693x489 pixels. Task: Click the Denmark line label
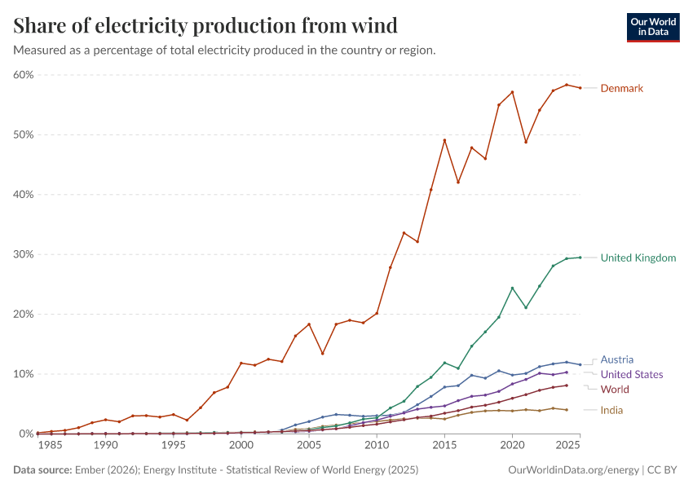[x=622, y=88]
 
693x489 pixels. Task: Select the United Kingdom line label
[x=638, y=258]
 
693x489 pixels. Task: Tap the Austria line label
[x=617, y=359]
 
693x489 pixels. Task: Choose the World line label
[x=615, y=390]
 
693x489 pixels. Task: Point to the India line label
[x=611, y=410]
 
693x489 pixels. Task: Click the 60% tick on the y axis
[x=23, y=75]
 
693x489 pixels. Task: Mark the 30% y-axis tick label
[x=23, y=254]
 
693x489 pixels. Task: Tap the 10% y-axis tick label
[x=23, y=374]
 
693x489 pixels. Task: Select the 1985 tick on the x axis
[x=51, y=446]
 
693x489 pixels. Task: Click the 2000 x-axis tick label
[x=241, y=446]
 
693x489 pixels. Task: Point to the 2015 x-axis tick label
[x=444, y=446]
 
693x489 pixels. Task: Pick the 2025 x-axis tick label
[x=567, y=446]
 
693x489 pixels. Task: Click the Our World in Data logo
[x=652, y=27]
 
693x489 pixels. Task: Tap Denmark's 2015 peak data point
[x=444, y=140]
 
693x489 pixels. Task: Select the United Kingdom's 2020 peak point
[x=512, y=288]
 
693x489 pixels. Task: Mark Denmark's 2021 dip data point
[x=526, y=142]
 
